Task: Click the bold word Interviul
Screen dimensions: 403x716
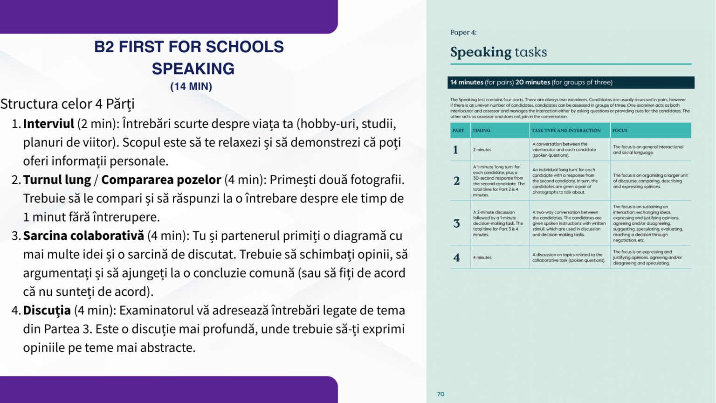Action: click(x=48, y=124)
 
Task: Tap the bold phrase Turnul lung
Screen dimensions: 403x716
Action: click(x=57, y=180)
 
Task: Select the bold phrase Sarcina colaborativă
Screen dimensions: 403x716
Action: click(x=83, y=236)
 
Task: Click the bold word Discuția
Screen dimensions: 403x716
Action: click(x=47, y=311)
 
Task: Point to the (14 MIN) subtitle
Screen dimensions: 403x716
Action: click(x=191, y=87)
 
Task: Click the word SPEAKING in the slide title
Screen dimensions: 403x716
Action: click(x=193, y=69)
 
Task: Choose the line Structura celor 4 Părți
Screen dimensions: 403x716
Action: click(x=67, y=104)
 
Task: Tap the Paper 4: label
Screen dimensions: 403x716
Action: click(x=463, y=33)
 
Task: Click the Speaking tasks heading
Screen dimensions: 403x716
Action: click(x=498, y=52)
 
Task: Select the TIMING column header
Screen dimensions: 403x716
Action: click(x=481, y=131)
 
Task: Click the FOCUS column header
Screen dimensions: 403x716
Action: click(x=620, y=131)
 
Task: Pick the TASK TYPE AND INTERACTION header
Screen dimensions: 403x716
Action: click(x=566, y=131)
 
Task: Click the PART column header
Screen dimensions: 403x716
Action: click(x=458, y=131)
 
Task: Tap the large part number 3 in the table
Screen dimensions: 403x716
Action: click(x=456, y=223)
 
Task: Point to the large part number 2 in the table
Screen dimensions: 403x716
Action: click(x=456, y=181)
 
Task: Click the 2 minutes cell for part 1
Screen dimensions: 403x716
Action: click(x=482, y=150)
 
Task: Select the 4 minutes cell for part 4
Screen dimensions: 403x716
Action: click(x=482, y=257)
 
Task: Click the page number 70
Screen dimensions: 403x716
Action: click(x=441, y=394)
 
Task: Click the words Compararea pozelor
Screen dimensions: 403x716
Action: click(x=161, y=180)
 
